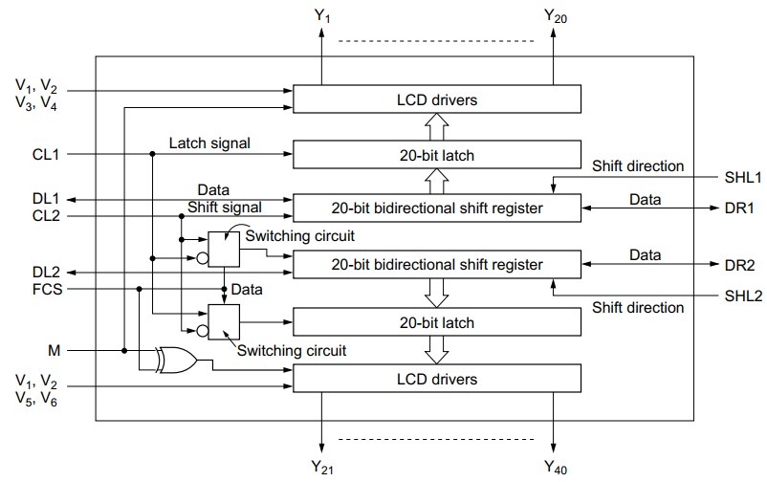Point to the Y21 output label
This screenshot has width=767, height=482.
click(x=322, y=468)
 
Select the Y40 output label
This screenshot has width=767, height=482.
click(x=556, y=468)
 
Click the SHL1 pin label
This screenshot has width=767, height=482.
click(x=741, y=177)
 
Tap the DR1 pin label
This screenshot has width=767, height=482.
click(x=739, y=207)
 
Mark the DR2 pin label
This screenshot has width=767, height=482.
click(x=739, y=265)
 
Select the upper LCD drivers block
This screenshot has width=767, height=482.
click(x=436, y=99)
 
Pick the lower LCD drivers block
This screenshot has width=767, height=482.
click(x=436, y=380)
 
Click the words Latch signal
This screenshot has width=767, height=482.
click(x=209, y=143)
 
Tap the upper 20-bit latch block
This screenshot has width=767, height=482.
click(x=436, y=154)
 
